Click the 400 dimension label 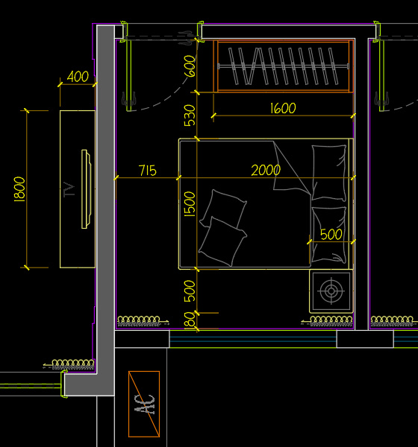point(78,77)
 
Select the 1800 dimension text point(19,189)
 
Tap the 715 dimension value point(148,171)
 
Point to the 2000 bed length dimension point(266,170)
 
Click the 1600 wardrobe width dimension point(283,108)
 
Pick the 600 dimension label point(190,66)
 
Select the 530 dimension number point(190,115)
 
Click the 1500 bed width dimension point(190,204)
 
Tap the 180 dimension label point(190,320)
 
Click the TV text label point(69,189)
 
